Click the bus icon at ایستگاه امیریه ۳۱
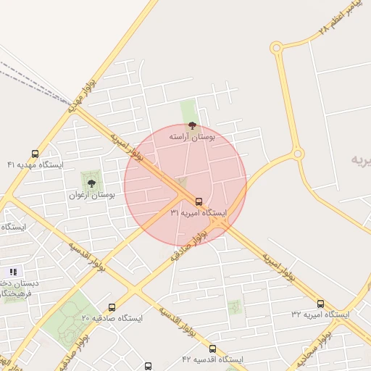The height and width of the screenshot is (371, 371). (x=199, y=201)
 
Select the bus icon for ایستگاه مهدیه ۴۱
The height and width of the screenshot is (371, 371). (x=35, y=154)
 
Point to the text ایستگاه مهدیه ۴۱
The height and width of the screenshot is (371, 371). (x=36, y=164)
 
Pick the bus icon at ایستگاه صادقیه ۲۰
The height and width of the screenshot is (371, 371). (x=112, y=307)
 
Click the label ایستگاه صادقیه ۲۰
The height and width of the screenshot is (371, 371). (x=112, y=318)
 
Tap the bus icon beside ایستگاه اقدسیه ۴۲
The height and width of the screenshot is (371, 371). (x=212, y=349)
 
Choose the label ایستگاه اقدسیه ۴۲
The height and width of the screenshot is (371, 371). (x=212, y=359)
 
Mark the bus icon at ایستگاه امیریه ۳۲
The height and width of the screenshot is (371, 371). (x=320, y=304)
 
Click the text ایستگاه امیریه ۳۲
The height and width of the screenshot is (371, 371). (x=320, y=314)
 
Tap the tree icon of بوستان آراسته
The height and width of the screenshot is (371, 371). (x=191, y=125)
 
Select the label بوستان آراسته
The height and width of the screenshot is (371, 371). (x=192, y=136)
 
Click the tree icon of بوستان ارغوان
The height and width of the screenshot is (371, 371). (x=92, y=183)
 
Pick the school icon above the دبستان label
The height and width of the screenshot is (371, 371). (x=13, y=272)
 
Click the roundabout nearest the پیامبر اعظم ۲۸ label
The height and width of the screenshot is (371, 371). (x=276, y=48)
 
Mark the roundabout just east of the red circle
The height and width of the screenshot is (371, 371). (x=297, y=154)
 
